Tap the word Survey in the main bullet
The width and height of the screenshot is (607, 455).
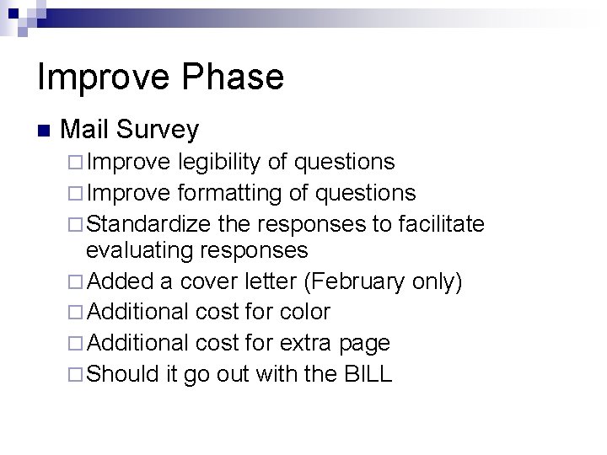click(158, 129)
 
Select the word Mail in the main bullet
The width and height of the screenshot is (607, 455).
click(86, 129)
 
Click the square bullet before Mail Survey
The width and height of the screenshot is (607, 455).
click(44, 131)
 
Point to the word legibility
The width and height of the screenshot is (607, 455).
click(228, 161)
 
